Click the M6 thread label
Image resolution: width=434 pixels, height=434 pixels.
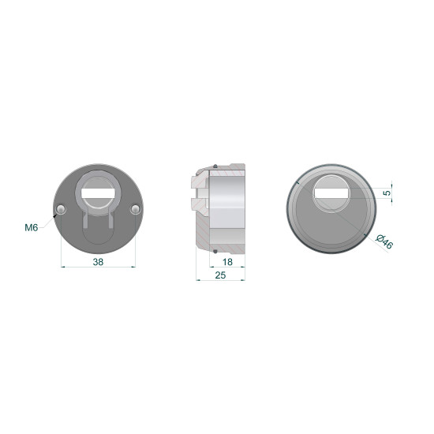tap(32, 228)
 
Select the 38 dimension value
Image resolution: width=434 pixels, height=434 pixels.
tap(99, 261)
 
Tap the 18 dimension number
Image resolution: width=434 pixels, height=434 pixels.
tap(227, 262)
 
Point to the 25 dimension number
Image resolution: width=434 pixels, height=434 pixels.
tap(220, 275)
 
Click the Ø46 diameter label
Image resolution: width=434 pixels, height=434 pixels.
tap(384, 241)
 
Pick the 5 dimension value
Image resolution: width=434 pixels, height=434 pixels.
tap(387, 193)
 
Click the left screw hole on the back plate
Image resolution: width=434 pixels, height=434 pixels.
tap(61, 209)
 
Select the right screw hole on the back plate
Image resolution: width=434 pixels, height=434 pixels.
tap(136, 209)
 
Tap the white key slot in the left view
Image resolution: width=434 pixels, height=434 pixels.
tap(99, 193)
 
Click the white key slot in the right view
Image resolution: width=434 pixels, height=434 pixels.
tap(331, 193)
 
